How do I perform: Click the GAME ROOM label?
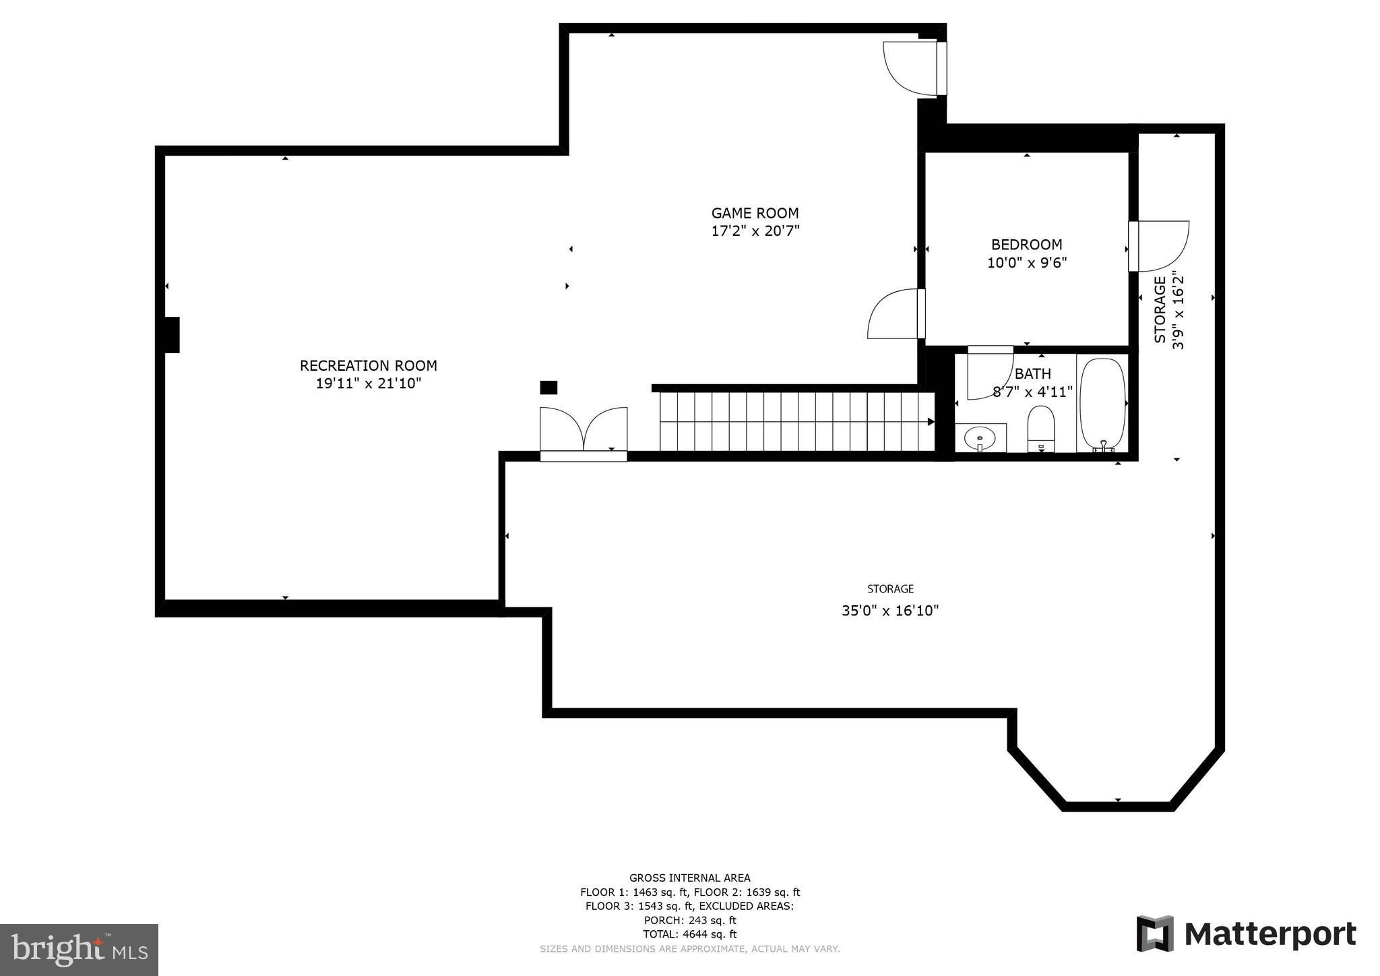pos(755,213)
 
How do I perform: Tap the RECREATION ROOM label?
pos(368,365)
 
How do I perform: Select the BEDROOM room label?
pos(1026,245)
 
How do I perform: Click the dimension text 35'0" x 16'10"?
pos(889,611)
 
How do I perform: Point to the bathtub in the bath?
pos(1102,405)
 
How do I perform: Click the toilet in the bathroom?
pos(1041,427)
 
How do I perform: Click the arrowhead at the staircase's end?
pos(931,422)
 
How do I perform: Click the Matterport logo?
pos(1246,934)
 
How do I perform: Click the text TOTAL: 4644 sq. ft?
pos(690,934)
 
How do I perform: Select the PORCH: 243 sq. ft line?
pos(690,920)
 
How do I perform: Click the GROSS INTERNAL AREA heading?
pos(689,878)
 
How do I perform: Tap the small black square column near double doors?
pos(548,388)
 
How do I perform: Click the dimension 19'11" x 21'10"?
pos(368,384)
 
